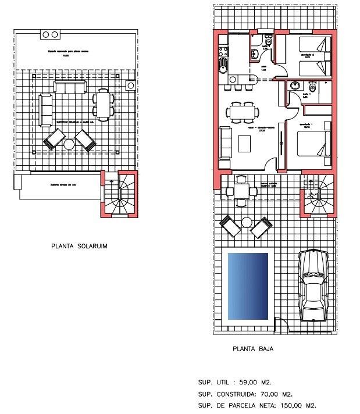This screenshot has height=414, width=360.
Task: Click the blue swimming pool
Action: pos(248,286)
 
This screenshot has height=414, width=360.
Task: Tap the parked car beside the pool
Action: pos(313,285)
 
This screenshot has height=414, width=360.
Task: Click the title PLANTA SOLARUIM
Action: pos(79,246)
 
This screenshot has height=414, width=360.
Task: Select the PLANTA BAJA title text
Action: pos(252,349)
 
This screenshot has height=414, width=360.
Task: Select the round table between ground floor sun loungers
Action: pos(246,223)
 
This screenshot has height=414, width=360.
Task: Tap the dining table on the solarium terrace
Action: pos(103,105)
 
